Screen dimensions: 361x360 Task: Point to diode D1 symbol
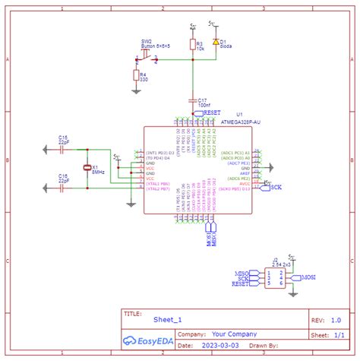click(x=216, y=42)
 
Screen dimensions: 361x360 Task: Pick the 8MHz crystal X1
click(x=87, y=170)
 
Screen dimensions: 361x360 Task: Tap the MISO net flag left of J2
click(x=243, y=273)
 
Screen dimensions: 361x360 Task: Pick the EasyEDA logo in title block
click(x=148, y=341)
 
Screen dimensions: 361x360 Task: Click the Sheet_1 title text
click(x=167, y=321)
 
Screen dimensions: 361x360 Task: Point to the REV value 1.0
click(x=335, y=320)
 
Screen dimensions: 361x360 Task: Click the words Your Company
click(x=234, y=334)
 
